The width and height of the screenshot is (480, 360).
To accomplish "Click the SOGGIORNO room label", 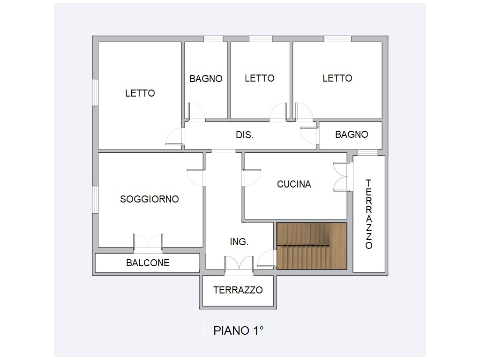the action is click(x=150, y=199).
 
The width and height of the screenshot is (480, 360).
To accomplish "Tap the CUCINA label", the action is click(x=294, y=184).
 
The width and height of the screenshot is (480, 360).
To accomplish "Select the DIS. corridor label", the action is click(x=245, y=135).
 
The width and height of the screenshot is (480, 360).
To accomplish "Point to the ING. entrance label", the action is click(x=239, y=242).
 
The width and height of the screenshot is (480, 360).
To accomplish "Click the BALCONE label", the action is click(x=148, y=262).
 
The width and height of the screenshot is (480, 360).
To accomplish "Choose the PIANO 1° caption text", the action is click(x=239, y=330).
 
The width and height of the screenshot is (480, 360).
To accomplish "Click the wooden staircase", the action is click(x=312, y=246).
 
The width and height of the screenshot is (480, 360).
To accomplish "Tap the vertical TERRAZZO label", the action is click(x=369, y=214).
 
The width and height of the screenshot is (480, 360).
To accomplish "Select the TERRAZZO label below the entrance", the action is click(x=238, y=290).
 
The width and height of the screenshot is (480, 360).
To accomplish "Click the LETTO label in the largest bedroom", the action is click(x=140, y=93).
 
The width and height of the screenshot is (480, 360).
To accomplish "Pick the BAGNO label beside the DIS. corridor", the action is click(x=352, y=135).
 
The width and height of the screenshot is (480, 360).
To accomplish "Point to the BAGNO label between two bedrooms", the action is click(x=206, y=79).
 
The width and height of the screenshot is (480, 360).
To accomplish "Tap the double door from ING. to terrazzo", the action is click(x=239, y=263).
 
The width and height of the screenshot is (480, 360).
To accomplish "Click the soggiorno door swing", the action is click(x=196, y=177).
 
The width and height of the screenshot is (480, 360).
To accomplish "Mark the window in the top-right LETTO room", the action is click(x=337, y=39).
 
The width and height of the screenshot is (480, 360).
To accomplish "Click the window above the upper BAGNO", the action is click(x=213, y=39).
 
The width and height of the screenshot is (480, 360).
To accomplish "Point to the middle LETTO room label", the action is click(x=260, y=78).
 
